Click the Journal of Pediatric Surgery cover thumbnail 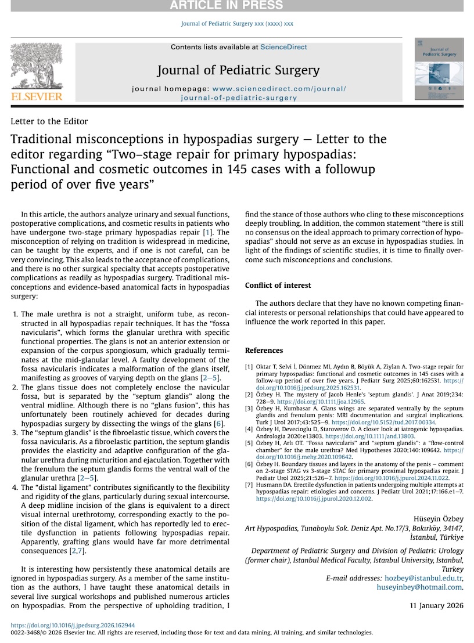(x=439, y=68)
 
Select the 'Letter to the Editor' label (x=49, y=121)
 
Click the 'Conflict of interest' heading (x=278, y=286)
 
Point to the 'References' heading (x=264, y=351)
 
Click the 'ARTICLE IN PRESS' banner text (x=236, y=6)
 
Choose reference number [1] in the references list (x=249, y=367)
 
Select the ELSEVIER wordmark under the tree (x=36, y=96)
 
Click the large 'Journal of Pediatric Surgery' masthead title (x=238, y=71)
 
